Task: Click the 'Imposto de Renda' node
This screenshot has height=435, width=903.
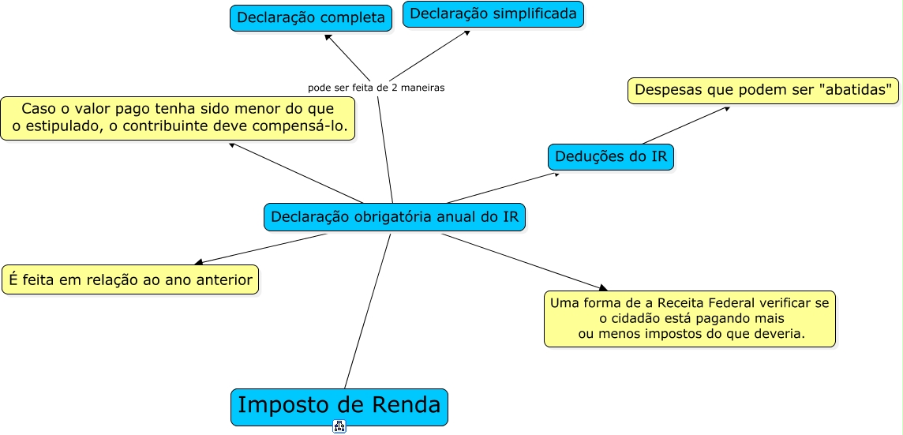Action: point(339,407)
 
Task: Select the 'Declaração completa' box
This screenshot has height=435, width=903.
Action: point(311,17)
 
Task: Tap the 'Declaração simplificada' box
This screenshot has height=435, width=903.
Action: point(493,14)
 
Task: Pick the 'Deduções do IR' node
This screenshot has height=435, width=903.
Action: point(611,156)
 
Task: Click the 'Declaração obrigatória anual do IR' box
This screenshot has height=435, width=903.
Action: point(394,216)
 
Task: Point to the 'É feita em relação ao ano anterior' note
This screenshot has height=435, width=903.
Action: point(130,279)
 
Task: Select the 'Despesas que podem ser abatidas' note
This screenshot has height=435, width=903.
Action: point(763,90)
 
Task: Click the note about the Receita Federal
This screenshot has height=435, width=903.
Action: point(689,318)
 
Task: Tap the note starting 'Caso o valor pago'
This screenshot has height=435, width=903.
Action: point(178,118)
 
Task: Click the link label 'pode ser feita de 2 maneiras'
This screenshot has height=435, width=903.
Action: point(377,88)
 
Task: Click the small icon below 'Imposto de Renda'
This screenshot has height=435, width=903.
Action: point(339,427)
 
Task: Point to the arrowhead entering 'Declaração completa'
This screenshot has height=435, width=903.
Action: point(328,36)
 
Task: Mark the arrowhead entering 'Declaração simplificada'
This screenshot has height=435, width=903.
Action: point(466,32)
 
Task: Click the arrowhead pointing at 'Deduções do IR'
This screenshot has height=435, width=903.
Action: point(556,173)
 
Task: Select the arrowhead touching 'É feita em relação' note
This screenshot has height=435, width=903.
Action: point(199,262)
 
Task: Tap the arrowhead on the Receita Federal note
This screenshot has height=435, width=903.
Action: point(603,288)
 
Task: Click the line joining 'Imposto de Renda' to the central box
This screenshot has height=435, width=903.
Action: point(368,311)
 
